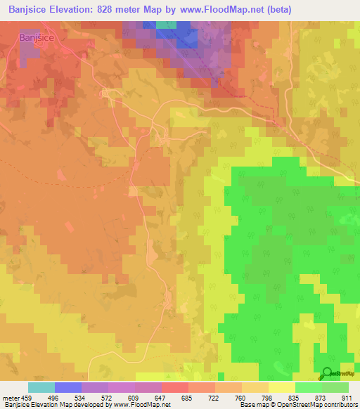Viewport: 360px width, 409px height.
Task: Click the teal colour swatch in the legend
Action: (41, 387)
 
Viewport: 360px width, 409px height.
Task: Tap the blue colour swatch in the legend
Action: (67, 387)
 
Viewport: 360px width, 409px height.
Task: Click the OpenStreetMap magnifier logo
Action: (327, 374)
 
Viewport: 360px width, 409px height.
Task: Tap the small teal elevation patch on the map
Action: (166, 25)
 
